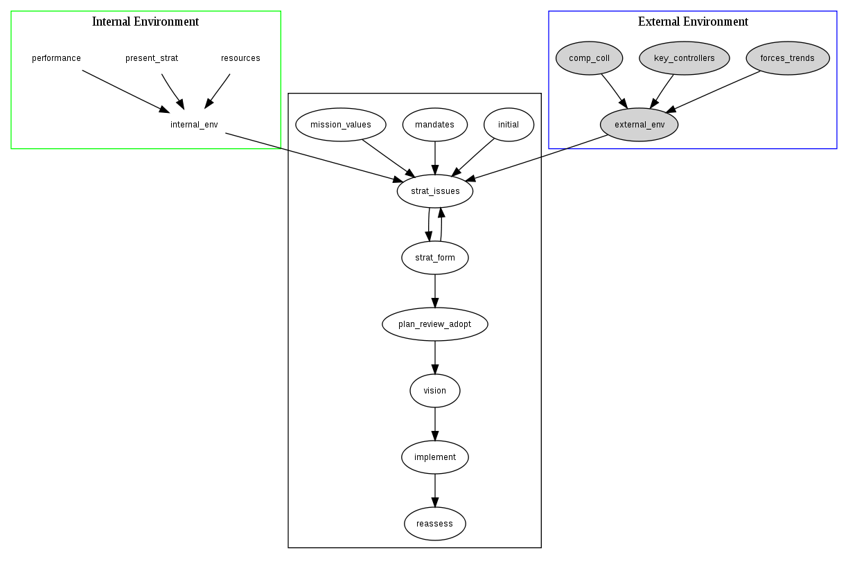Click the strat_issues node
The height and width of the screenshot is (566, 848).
click(x=435, y=191)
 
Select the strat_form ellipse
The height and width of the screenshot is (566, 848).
click(x=435, y=258)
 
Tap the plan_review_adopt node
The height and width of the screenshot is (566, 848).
click(x=435, y=324)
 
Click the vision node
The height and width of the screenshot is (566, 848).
click(x=435, y=391)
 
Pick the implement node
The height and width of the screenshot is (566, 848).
click(x=435, y=457)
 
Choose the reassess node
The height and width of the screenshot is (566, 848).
click(x=435, y=524)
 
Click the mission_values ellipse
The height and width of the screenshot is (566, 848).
click(x=340, y=125)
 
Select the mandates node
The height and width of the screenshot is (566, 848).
click(x=435, y=125)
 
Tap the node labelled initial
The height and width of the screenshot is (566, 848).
click(x=509, y=125)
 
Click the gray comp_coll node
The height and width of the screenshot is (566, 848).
click(x=589, y=58)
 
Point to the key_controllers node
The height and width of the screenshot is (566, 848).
click(x=684, y=58)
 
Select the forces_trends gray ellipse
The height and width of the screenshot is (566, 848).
click(x=787, y=58)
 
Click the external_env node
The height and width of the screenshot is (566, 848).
click(x=639, y=125)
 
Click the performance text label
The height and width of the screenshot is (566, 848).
click(x=57, y=58)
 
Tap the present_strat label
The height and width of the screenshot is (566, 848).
click(x=152, y=58)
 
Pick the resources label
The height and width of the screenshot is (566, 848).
click(x=240, y=58)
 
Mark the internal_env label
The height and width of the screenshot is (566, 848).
click(x=194, y=125)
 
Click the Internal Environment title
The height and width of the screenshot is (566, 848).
click(x=145, y=21)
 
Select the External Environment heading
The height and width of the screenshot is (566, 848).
click(x=693, y=21)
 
